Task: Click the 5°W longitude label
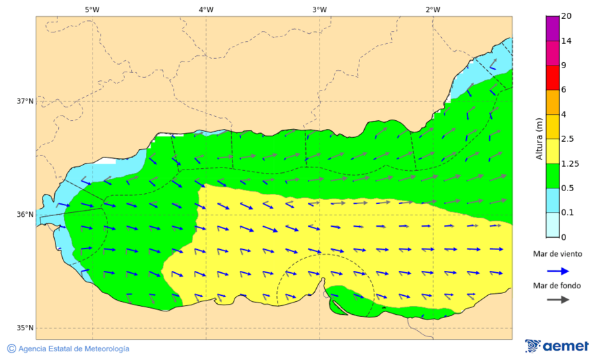pyautogui.click(x=92, y=9)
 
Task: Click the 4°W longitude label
pyautogui.click(x=206, y=9)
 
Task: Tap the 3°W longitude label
pyautogui.click(x=320, y=9)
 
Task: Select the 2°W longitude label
pyautogui.click(x=433, y=9)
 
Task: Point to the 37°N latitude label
pyautogui.click(x=25, y=101)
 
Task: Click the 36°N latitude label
pyautogui.click(x=25, y=215)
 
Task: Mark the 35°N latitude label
pyautogui.click(x=25, y=328)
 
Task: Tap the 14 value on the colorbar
pyautogui.click(x=567, y=41)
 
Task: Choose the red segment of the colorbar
pyautogui.click(x=552, y=78)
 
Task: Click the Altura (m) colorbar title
pyautogui.click(x=539, y=139)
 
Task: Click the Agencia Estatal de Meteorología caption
pyautogui.click(x=74, y=349)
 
